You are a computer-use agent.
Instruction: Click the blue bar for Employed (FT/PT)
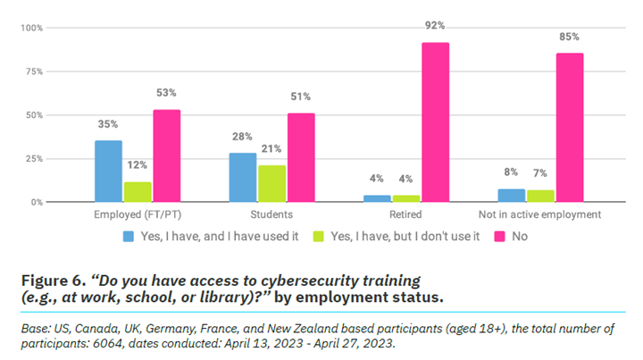click(x=109, y=172)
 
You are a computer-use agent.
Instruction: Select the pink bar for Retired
click(x=436, y=122)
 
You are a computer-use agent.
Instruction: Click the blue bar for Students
click(x=243, y=178)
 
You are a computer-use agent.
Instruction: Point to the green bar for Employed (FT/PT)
click(x=138, y=192)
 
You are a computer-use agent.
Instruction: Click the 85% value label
click(x=570, y=38)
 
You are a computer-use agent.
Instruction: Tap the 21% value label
click(x=272, y=148)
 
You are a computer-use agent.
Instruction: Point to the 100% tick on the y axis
click(x=31, y=28)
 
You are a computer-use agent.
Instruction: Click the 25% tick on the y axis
click(x=33, y=159)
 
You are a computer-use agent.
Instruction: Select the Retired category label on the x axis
click(x=406, y=215)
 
